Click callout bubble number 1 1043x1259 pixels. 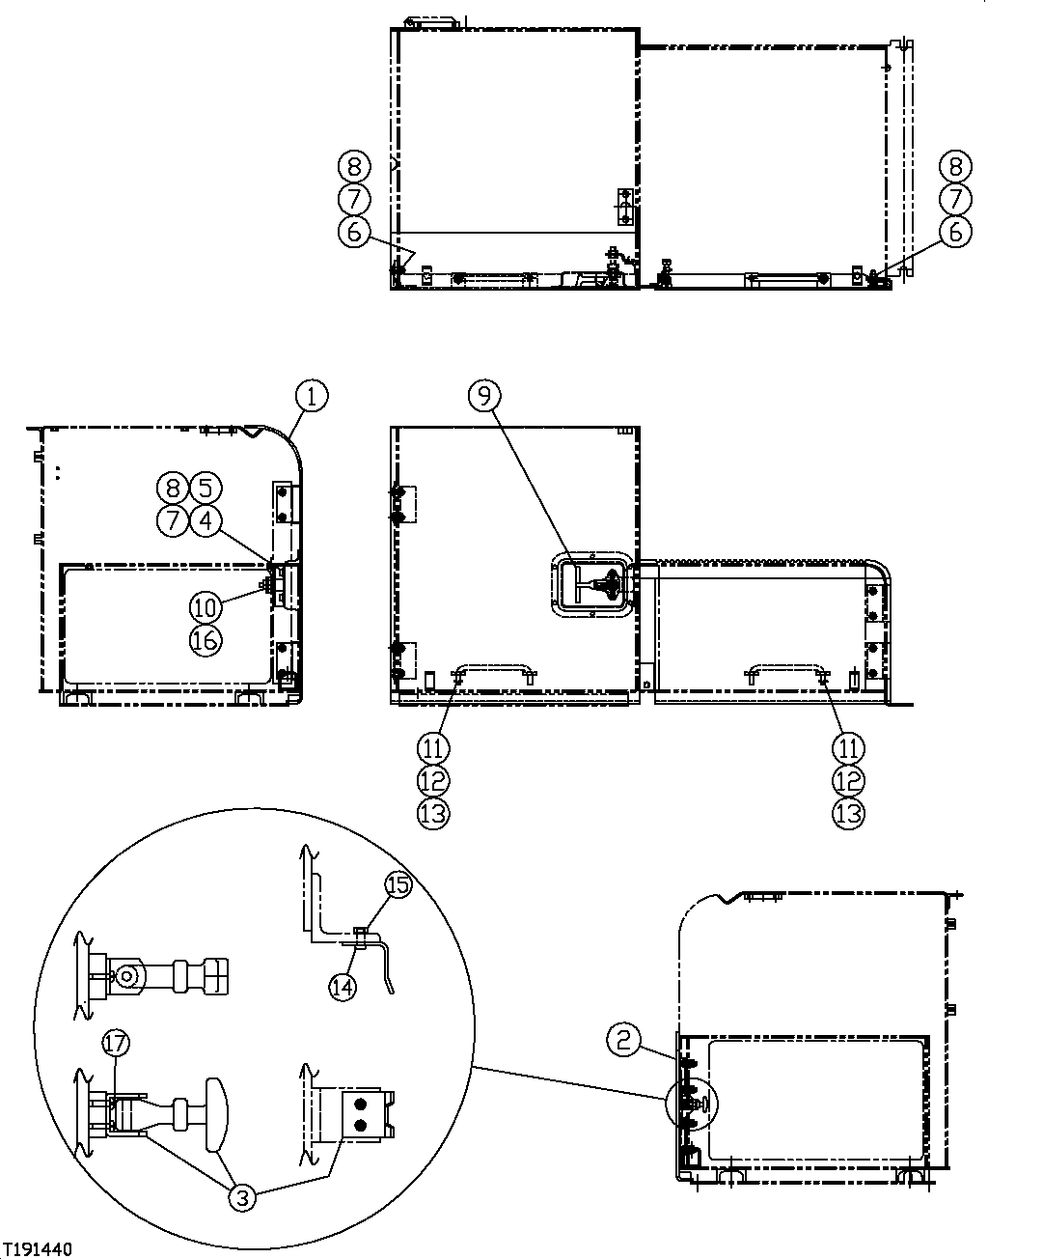pyautogui.click(x=311, y=395)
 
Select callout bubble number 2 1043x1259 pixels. pyautogui.click(x=623, y=1039)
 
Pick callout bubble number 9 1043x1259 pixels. pyautogui.click(x=485, y=394)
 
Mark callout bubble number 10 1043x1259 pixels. pyautogui.click(x=206, y=606)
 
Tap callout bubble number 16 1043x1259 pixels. pyautogui.click(x=206, y=639)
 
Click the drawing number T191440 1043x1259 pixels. pyautogui.click(x=38, y=1249)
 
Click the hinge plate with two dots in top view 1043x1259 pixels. pyautogui.click(x=624, y=207)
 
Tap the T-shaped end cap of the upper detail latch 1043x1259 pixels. pyautogui.click(x=217, y=974)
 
